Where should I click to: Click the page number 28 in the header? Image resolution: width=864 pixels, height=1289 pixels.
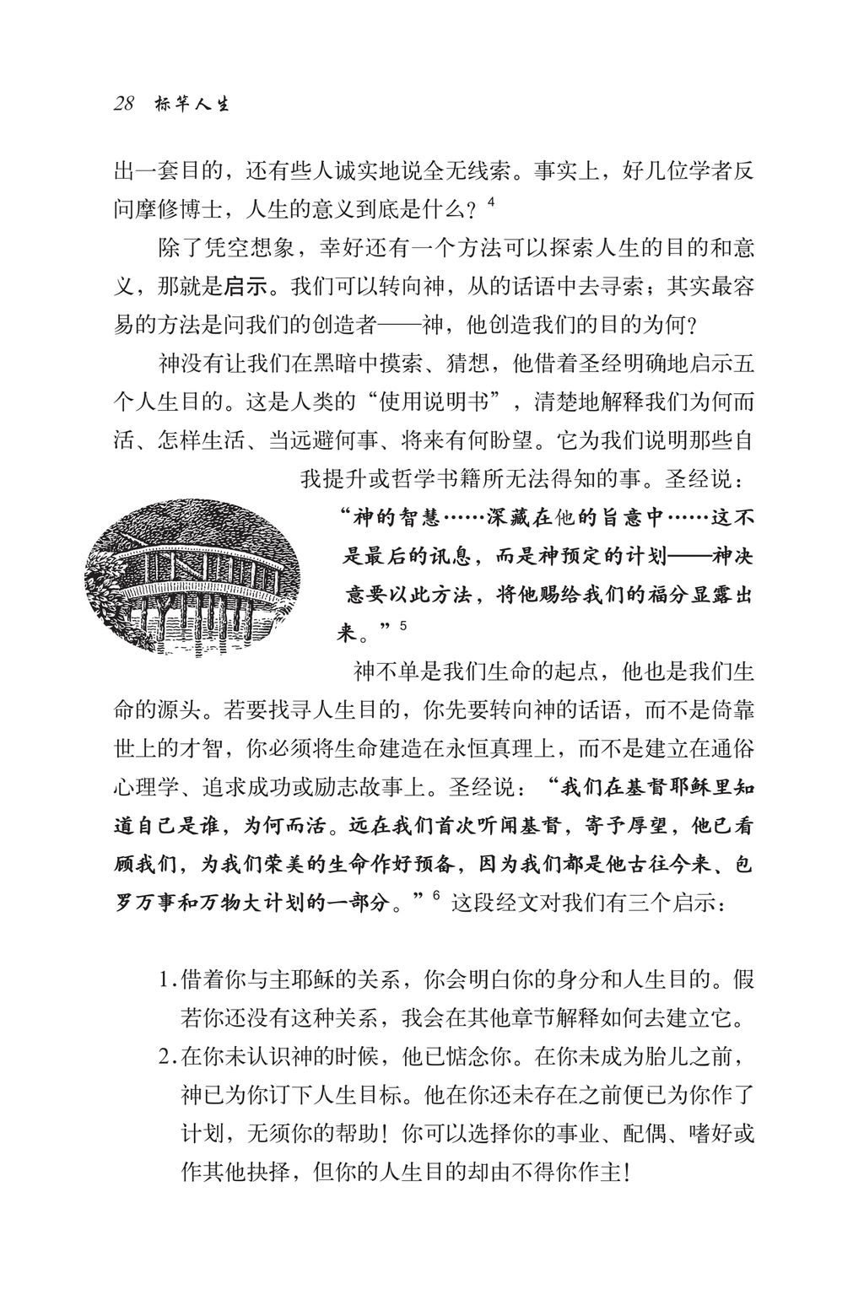click(x=124, y=105)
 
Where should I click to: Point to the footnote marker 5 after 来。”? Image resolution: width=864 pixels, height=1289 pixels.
click(x=403, y=626)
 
